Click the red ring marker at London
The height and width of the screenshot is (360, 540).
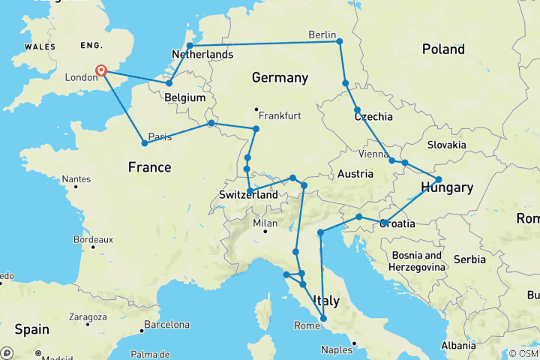[x=102, y=71]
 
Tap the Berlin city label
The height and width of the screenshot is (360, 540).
[x=325, y=33]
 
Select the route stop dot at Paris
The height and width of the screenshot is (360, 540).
[x=144, y=142]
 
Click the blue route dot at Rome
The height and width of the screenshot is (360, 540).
[x=324, y=319]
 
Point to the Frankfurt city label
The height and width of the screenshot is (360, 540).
[x=280, y=116]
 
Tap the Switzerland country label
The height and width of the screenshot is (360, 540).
[x=248, y=195]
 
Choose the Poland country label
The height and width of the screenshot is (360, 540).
[x=442, y=49]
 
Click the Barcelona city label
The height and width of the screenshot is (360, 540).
[x=166, y=325]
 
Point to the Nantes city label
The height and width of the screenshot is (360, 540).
[x=77, y=179]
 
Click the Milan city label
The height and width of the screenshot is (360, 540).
[x=265, y=223]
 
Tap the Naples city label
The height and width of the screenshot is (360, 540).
[x=337, y=350]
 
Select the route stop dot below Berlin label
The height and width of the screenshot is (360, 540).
[x=340, y=42]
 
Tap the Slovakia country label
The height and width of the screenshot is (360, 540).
[x=448, y=144]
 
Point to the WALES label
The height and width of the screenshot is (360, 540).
[x=40, y=46]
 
